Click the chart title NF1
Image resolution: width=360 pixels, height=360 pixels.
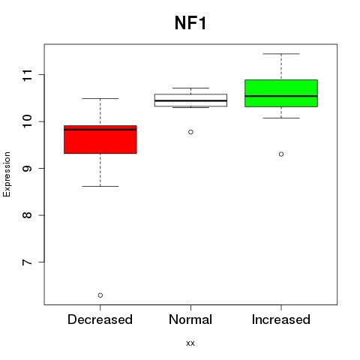click(190, 23)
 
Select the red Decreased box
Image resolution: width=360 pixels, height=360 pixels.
click(100, 139)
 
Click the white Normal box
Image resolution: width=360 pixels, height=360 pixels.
click(190, 100)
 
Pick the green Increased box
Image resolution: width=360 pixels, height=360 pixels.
click(281, 93)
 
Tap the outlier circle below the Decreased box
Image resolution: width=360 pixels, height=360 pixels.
click(100, 295)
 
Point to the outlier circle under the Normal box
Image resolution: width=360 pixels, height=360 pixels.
click(190, 132)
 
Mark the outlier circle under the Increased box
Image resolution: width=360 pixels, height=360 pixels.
click(281, 154)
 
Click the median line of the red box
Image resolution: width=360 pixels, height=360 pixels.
click(100, 130)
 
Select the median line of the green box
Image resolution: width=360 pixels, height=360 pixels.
click(281, 96)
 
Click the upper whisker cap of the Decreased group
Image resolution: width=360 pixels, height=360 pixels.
click(100, 98)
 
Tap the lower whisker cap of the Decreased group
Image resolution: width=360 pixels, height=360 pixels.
click(100, 186)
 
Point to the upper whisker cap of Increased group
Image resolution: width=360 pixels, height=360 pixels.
click(281, 54)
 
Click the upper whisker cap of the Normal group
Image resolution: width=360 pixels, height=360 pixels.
click(190, 88)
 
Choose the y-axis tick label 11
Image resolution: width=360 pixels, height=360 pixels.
click(28, 75)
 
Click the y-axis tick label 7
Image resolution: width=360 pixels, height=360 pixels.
click(28, 262)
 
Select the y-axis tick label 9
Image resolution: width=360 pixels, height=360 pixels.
click(28, 168)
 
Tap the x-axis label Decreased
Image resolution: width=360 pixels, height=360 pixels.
click(100, 319)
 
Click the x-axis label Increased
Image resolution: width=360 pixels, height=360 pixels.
click(281, 319)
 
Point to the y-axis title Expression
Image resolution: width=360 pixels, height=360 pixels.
click(7, 174)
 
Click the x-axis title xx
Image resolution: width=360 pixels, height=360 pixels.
click(190, 343)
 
